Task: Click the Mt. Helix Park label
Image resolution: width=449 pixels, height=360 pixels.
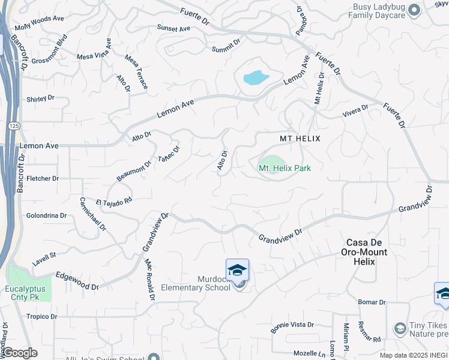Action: click(285, 169)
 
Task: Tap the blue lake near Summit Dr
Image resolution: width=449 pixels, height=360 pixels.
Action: click(255, 77)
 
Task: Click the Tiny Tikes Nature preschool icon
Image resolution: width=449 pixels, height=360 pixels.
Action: click(400, 328)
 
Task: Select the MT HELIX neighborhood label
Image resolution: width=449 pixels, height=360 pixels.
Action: click(300, 139)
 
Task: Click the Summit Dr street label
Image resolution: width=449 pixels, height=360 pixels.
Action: click(226, 46)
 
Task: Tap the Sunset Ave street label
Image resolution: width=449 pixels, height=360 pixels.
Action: click(173, 28)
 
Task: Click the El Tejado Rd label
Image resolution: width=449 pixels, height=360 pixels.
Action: click(113, 202)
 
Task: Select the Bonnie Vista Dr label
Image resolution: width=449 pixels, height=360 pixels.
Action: click(292, 325)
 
